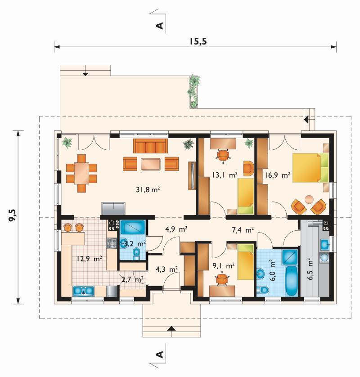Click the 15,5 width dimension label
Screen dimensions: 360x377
198,41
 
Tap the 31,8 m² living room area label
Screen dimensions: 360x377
148,190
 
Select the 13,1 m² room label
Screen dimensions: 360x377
225,175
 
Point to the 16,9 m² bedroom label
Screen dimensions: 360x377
277,175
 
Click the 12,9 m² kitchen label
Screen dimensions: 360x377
90,259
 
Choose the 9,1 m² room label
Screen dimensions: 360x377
223,266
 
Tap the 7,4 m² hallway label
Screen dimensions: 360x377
243,230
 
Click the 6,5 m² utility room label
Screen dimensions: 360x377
310,269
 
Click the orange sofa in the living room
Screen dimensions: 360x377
151,146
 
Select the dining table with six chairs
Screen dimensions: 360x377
82,173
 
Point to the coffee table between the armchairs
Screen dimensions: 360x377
151,164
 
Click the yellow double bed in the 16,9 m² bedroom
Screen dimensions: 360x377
310,167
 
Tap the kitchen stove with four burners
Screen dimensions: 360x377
111,243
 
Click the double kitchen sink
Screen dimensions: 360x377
83,291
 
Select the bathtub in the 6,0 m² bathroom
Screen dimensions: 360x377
292,281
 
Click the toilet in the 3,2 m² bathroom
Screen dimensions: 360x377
136,254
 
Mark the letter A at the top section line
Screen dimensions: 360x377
159,26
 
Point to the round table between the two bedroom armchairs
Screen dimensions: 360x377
309,199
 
